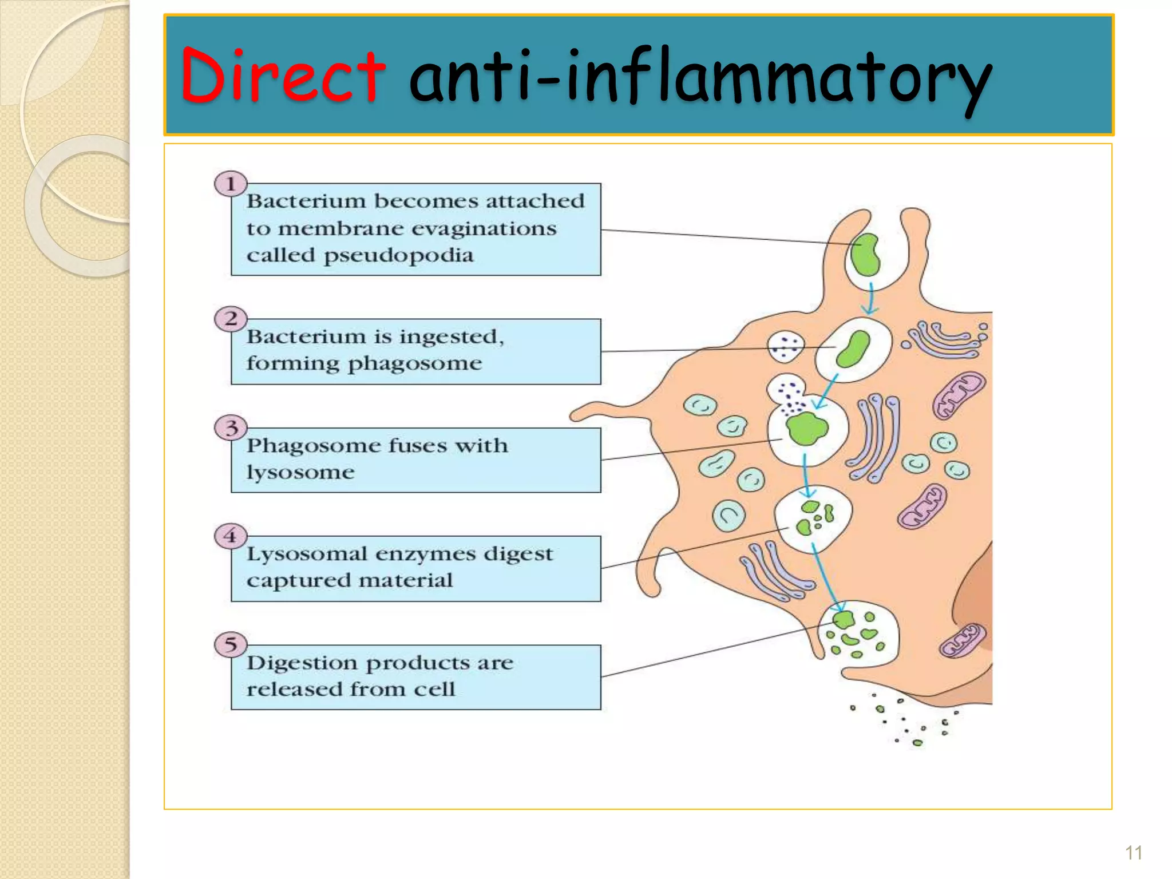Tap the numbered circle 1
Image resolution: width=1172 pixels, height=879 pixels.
tap(231, 184)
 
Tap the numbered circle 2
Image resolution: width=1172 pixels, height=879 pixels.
tap(231, 319)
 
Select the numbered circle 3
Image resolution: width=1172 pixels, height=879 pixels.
tap(231, 427)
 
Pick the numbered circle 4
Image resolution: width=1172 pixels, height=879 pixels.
tap(231, 536)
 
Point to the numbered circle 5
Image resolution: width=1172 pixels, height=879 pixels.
tap(231, 645)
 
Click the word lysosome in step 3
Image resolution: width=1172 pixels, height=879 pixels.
tap(300, 473)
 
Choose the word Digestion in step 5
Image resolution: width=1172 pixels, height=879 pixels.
tap(303, 663)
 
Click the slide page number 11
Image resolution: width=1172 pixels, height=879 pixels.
tap(1133, 853)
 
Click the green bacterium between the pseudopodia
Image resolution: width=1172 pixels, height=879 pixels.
tap(865, 255)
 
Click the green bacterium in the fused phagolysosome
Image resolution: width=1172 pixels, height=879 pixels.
tap(806, 428)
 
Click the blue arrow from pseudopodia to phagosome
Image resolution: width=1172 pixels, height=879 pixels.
tap(870, 298)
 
